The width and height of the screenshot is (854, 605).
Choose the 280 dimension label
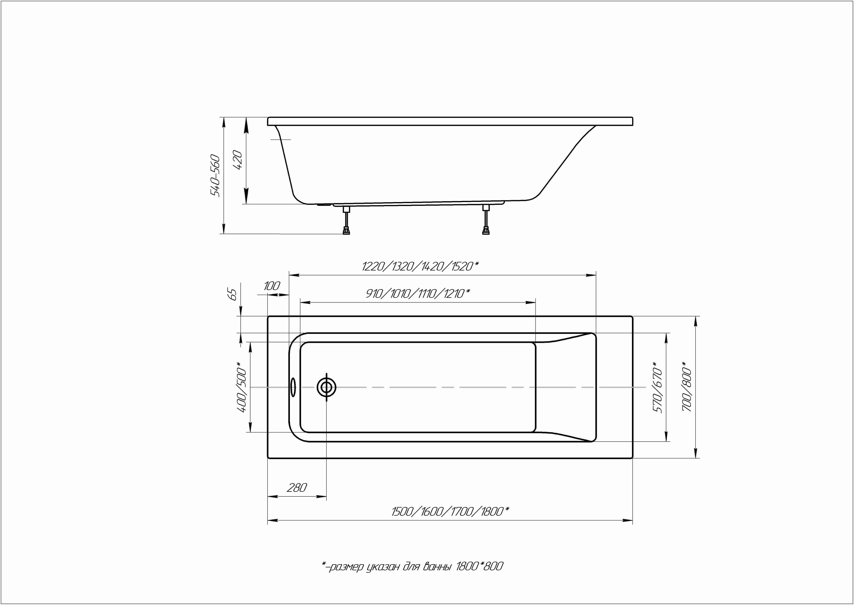click(x=297, y=488)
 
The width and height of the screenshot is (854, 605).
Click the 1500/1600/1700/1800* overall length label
click(x=450, y=512)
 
